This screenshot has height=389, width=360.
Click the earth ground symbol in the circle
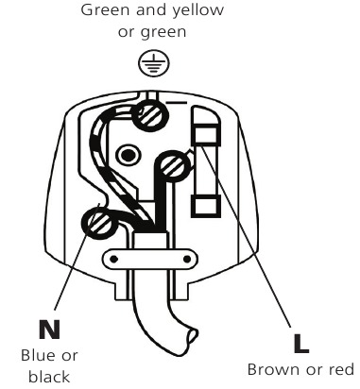pos(147,63)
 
